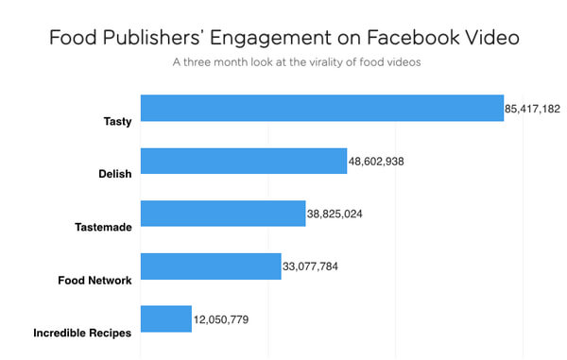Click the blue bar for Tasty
point(322,108)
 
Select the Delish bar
point(244,161)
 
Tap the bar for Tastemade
point(223,214)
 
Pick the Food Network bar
point(211,266)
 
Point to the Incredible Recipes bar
point(166,318)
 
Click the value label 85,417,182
point(532,109)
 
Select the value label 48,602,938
point(376,162)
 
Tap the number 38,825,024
point(335,214)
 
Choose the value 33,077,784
point(310,266)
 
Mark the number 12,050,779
point(221,319)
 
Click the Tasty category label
point(117,122)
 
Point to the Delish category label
point(115,174)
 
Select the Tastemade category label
point(103,227)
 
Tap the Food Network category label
point(94,280)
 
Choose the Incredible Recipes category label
point(82,333)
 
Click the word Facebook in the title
point(413,38)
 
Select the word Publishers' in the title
point(151,38)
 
